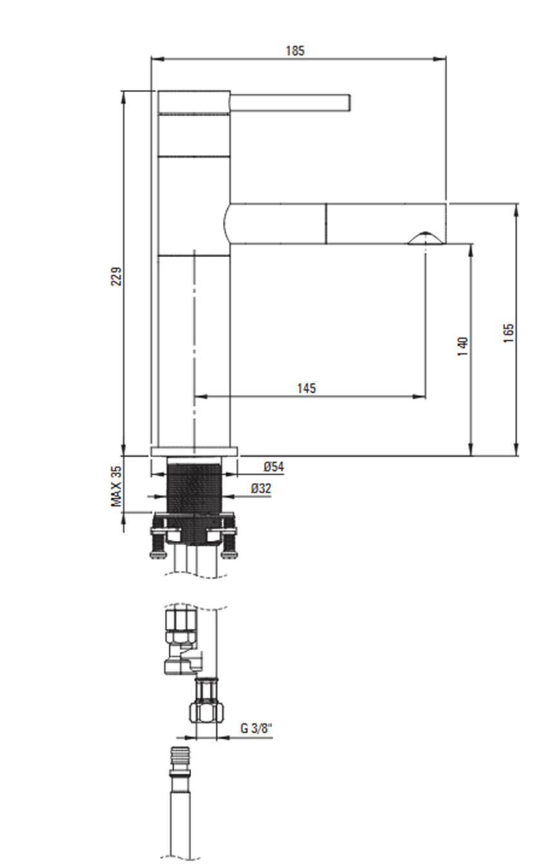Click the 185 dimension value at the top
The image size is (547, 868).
tap(295, 51)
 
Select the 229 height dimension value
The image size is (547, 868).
tap(116, 276)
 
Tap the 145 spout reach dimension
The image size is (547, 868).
tap(306, 388)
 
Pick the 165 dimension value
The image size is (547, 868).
tap(508, 332)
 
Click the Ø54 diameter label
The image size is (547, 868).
tap(274, 467)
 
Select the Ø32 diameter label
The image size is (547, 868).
tap(261, 489)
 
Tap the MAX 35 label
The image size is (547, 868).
tap(116, 487)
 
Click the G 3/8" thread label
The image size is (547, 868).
tap(256, 728)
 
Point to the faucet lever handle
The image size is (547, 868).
tap(291, 103)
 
